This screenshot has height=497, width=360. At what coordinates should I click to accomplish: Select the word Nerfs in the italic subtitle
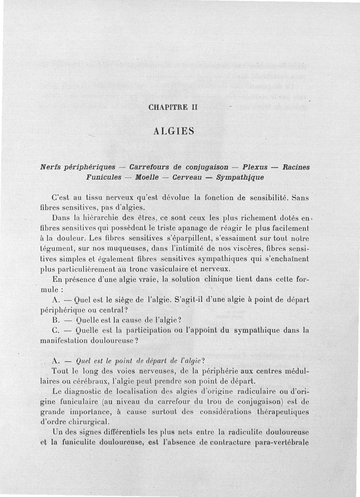(x=52, y=167)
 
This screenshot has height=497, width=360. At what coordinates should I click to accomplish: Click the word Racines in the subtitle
(x=296, y=167)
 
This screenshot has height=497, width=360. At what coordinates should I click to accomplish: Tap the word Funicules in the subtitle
(x=104, y=177)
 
